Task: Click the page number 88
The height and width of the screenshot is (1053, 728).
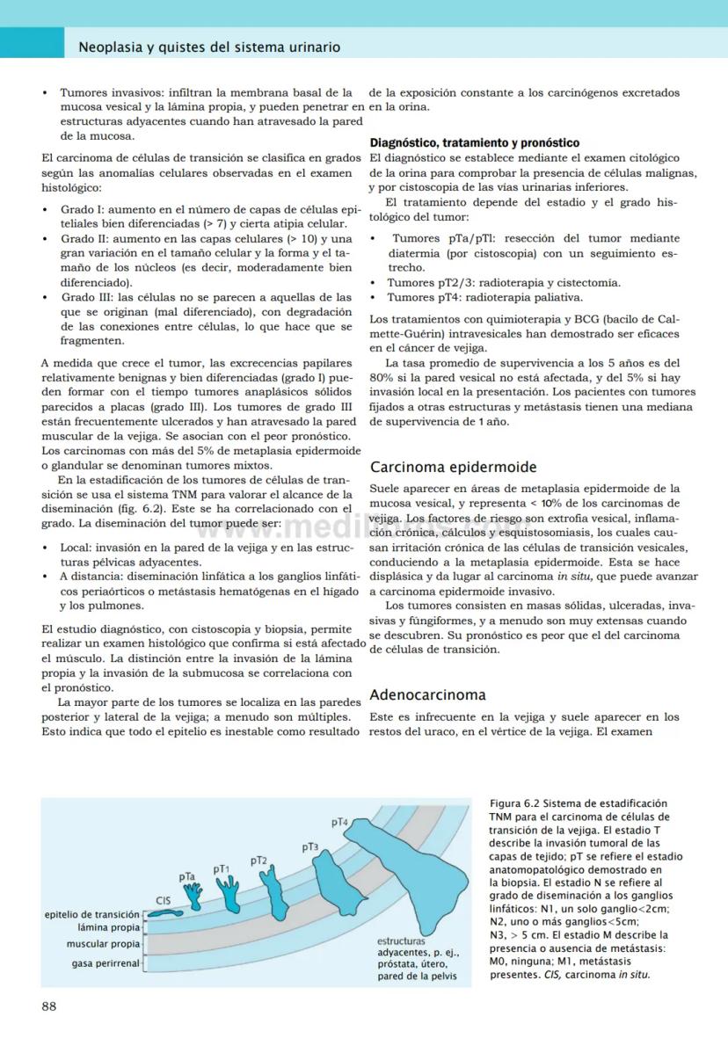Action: pyautogui.click(x=49, y=1006)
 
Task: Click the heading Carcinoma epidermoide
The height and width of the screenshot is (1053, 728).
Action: pyautogui.click(x=453, y=467)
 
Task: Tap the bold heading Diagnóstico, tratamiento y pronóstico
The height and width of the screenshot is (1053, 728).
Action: pyautogui.click(x=474, y=142)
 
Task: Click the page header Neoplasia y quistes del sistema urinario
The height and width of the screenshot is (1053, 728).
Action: pyautogui.click(x=209, y=47)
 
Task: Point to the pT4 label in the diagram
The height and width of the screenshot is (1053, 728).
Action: pyautogui.click(x=340, y=822)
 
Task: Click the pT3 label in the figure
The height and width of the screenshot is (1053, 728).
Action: pyautogui.click(x=309, y=846)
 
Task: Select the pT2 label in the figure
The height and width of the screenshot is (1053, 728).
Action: pyautogui.click(x=258, y=860)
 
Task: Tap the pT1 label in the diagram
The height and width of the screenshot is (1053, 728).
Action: pyautogui.click(x=221, y=868)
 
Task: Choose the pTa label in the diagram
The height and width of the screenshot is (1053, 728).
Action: pyautogui.click(x=186, y=876)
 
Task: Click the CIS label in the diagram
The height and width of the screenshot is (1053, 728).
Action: pyautogui.click(x=163, y=900)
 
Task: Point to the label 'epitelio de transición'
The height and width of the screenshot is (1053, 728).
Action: pyautogui.click(x=91, y=915)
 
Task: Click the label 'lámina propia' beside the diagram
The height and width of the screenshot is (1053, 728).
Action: pyautogui.click(x=108, y=927)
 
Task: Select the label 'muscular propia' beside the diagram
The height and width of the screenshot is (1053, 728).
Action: pyautogui.click(x=103, y=944)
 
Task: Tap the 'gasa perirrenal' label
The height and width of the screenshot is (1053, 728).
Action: pyautogui.click(x=106, y=963)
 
